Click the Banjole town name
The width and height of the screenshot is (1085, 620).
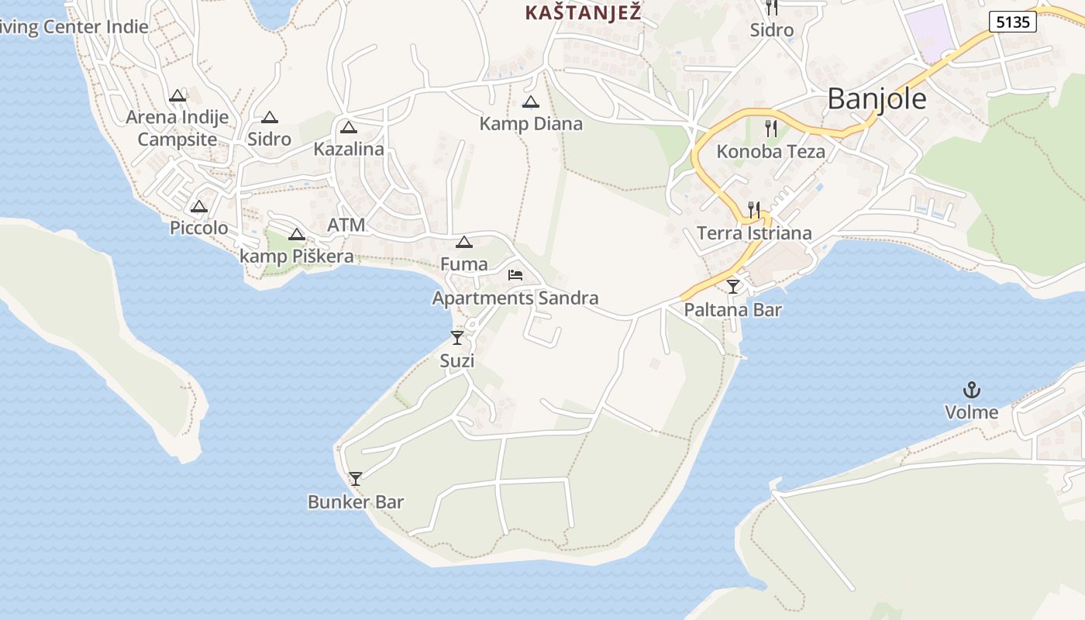[x=877, y=99]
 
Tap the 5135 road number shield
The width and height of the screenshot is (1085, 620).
[x=1013, y=22]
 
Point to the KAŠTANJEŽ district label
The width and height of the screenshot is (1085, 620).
[x=583, y=12]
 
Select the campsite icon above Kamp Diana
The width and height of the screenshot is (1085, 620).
[x=531, y=102]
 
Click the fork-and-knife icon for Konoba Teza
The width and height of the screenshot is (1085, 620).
[x=770, y=128]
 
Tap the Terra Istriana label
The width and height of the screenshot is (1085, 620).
[x=754, y=233]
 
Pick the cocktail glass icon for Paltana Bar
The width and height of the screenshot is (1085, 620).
[x=733, y=287]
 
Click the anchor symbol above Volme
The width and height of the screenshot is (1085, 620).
[x=971, y=390]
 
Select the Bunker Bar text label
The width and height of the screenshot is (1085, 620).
[x=356, y=502]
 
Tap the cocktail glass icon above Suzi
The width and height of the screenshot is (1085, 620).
[x=457, y=338]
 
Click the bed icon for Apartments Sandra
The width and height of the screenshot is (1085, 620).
[x=515, y=274]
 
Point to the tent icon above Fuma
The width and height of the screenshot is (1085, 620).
[x=463, y=242]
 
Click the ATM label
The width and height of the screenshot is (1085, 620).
[x=346, y=225]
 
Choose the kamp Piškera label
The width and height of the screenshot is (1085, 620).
[x=296, y=257]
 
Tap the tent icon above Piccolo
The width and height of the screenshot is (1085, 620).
[x=199, y=207]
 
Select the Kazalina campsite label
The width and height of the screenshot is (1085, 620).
[x=349, y=149]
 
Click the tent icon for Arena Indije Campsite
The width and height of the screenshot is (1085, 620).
[x=177, y=96]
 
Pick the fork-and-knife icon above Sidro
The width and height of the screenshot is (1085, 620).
[x=771, y=8]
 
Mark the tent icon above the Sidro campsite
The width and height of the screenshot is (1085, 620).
[x=269, y=118]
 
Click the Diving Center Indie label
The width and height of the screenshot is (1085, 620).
[x=74, y=27]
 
